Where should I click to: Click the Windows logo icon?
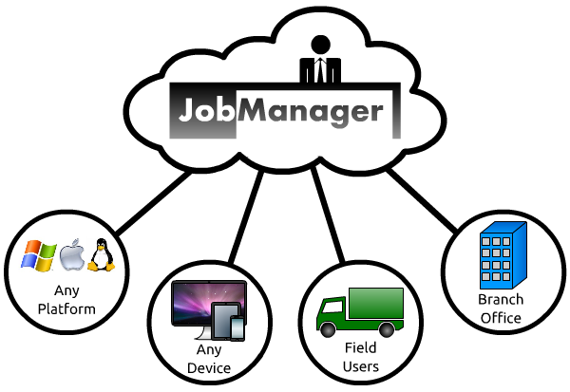tap(40, 255)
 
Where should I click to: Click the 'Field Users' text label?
tap(360, 358)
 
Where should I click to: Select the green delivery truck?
tap(360, 309)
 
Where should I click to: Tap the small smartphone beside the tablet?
tap(237, 327)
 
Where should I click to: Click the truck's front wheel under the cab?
tap(328, 328)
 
